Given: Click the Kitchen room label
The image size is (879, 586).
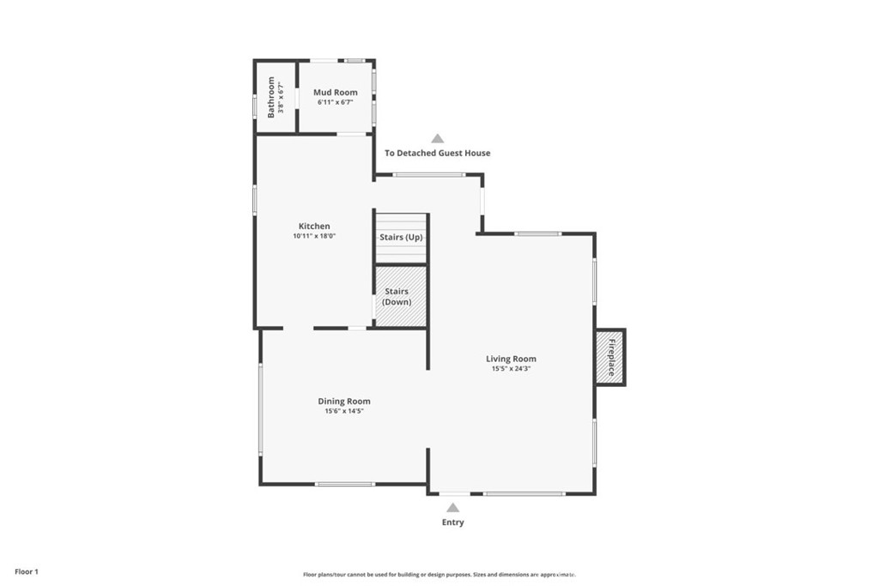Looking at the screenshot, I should coord(314,227).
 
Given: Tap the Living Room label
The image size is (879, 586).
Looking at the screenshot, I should coord(511,359).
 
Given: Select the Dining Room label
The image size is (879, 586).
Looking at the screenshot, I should coord(344,401).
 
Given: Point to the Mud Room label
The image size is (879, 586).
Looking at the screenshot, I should coord(335,92).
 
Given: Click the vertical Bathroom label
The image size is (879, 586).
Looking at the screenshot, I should coord(271,97).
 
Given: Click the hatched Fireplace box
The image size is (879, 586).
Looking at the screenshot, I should coord(610,358).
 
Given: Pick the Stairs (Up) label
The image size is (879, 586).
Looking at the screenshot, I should coord(401,238).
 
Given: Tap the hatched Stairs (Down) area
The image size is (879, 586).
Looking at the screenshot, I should coord(401,297).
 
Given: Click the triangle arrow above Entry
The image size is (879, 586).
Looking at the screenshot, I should coord(452,507).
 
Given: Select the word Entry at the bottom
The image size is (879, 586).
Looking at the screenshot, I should coord(452,523).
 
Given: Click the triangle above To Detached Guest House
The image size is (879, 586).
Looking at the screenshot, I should coord(438,138).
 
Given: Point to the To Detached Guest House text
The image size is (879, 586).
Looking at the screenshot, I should coord(437,154).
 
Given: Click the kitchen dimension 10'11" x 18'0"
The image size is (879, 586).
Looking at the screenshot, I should coord(314,236).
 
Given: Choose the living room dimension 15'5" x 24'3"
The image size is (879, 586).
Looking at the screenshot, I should coord(511,369).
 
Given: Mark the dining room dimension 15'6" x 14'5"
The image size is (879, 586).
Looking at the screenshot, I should coord(344,411).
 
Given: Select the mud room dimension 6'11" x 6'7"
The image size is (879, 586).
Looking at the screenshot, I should coord(335,102).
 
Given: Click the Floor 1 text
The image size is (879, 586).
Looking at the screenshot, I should coord(27,571).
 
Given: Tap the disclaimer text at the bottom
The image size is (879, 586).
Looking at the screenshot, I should coord(439,575).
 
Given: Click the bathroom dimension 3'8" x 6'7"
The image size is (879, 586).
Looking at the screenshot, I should coord(281,97).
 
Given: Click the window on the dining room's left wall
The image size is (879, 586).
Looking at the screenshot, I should coord(261,408).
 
